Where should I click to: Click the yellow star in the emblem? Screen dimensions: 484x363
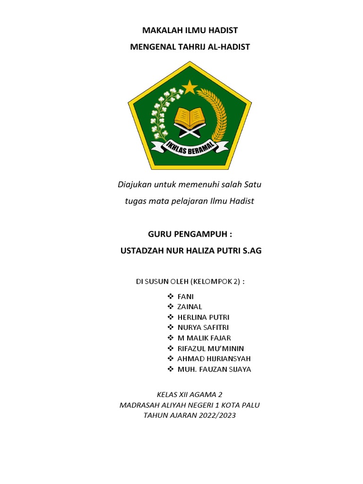(190, 86)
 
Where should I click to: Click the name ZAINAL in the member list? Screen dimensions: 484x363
(190, 307)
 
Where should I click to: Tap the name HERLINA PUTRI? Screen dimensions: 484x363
(203, 317)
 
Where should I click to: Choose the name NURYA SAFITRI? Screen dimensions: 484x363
(206, 328)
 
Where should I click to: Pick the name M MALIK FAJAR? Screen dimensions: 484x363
(204, 338)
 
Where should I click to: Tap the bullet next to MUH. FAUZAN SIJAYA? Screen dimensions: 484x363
(171, 370)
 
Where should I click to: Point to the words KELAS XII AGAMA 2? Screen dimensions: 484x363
(189, 394)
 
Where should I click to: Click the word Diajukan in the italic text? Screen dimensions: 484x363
(134, 184)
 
